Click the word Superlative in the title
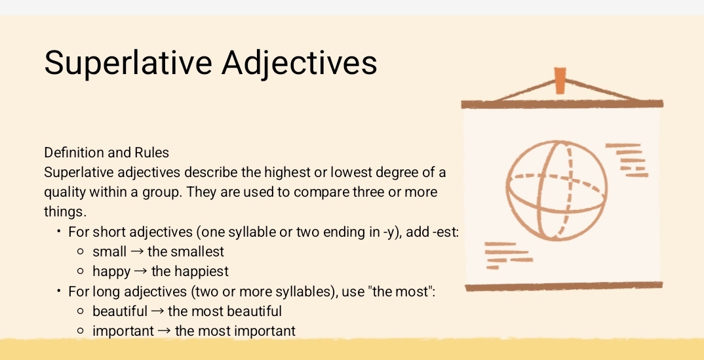point(127,62)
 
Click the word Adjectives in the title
point(300,62)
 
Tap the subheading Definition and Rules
point(106,153)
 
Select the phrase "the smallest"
point(186,251)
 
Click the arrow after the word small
point(137,251)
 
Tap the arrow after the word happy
point(141,271)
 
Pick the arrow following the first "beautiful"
point(157,311)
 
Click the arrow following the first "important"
point(165,331)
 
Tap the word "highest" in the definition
point(287,172)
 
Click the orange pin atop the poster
point(560,80)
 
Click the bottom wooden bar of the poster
point(564,287)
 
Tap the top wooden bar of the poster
point(562,104)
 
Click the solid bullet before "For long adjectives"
point(59,291)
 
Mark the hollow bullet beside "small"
point(80,252)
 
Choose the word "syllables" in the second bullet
point(286,291)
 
